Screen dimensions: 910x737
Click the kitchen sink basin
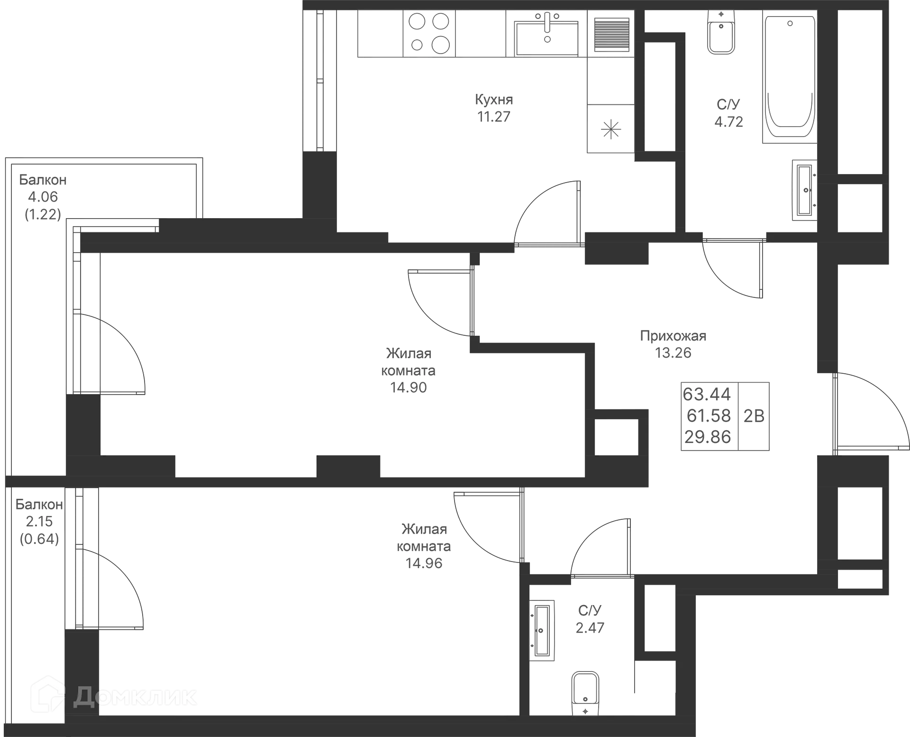point(547,38)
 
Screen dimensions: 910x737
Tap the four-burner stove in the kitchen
point(429,33)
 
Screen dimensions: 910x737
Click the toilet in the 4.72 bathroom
point(721,31)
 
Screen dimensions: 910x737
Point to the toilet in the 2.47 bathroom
point(585,694)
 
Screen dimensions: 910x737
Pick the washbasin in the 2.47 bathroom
point(542,630)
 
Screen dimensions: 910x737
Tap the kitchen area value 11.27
point(494,116)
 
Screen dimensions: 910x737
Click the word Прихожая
point(673,336)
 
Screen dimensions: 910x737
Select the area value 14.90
point(409,387)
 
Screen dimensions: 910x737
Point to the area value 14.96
point(424,563)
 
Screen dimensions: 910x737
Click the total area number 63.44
point(707,394)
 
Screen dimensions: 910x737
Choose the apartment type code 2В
point(754,416)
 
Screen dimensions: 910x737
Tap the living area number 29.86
point(708,437)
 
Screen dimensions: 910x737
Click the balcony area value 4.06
point(43,197)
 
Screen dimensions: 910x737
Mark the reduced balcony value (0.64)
point(39,539)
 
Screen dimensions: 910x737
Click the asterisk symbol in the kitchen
point(610,129)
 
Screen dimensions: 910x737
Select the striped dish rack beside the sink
point(611,35)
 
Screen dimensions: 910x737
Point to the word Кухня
point(494,100)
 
